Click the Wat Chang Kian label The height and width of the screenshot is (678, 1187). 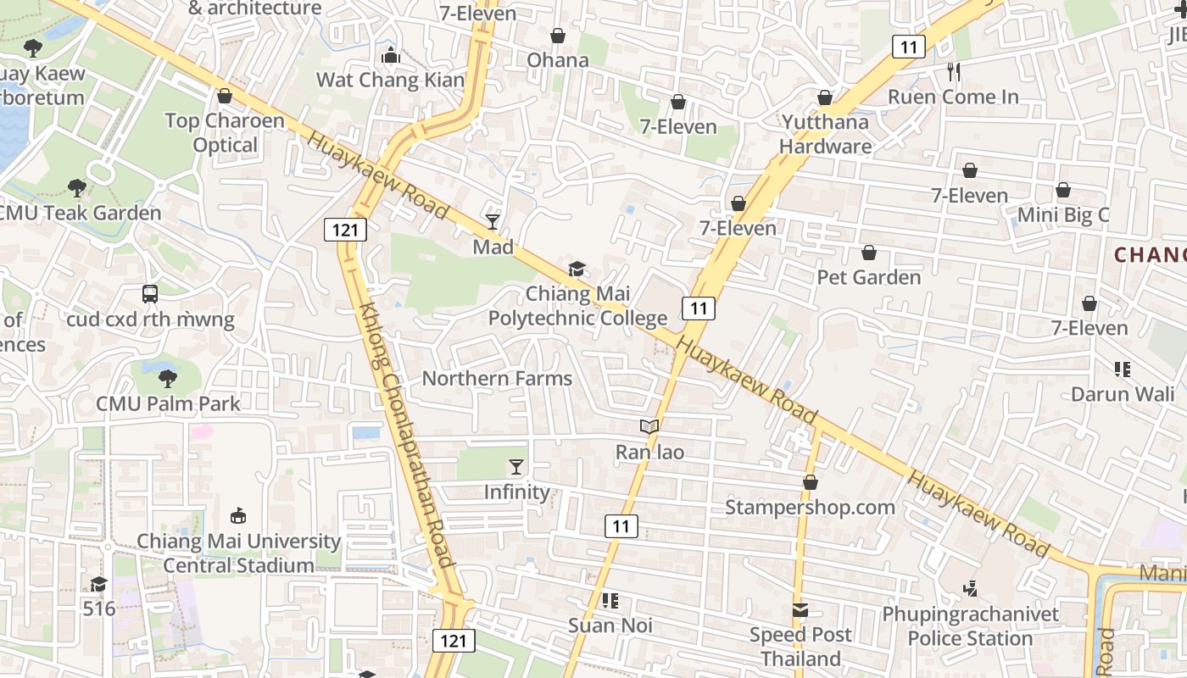[390, 81]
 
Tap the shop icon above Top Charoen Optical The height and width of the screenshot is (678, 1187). [225, 96]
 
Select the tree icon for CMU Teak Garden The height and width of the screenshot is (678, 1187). [77, 187]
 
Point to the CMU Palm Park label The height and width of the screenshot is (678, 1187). [169, 403]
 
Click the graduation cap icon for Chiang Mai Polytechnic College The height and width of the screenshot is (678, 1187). [577, 269]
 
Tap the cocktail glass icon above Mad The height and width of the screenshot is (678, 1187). [493, 221]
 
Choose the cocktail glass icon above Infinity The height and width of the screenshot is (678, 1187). [515, 466]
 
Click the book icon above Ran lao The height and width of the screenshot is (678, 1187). [649, 426]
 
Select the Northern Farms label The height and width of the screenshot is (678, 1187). [497, 379]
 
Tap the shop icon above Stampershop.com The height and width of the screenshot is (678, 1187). [811, 482]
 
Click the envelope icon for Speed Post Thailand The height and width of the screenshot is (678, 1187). [800, 609]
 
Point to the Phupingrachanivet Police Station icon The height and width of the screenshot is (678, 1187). [971, 587]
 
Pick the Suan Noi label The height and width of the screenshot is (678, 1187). [610, 625]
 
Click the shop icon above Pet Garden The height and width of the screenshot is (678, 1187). [869, 253]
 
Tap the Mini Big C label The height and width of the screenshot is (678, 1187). [1063, 215]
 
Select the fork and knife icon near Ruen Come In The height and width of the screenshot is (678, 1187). [954, 71]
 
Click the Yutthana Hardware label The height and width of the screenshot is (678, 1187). [825, 134]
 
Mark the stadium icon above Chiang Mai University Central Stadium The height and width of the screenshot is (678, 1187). [238, 515]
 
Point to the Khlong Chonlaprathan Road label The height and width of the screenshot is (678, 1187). [406, 436]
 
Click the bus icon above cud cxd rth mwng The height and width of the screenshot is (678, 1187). [150, 294]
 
